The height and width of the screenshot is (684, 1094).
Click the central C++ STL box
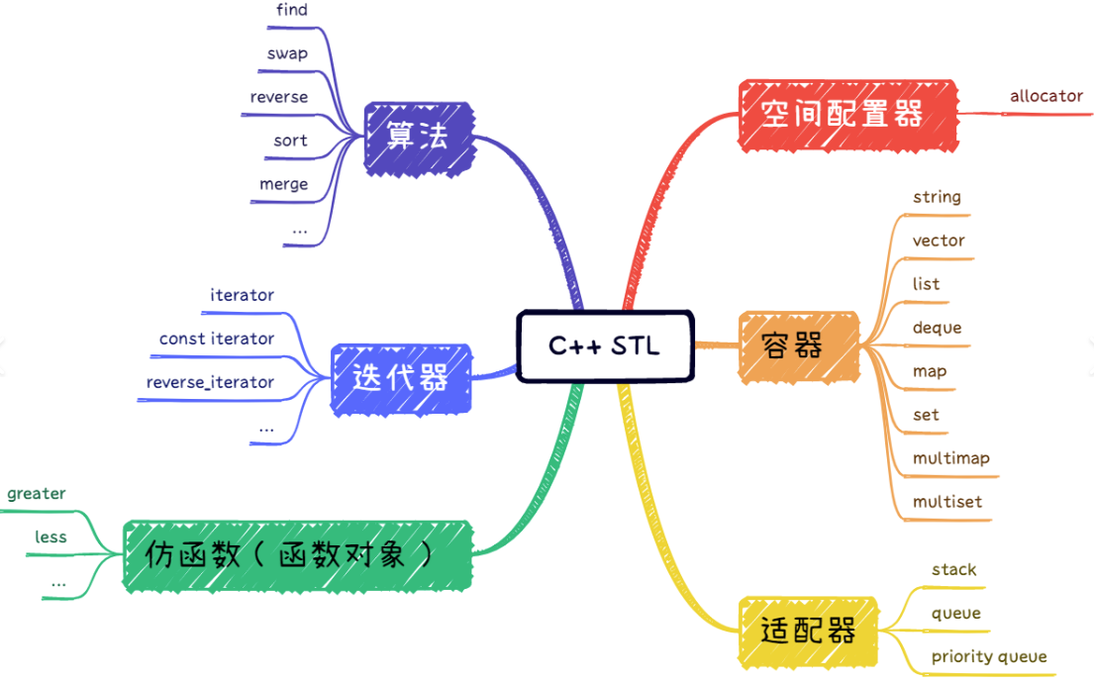[605, 345]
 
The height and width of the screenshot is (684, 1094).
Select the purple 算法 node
[420, 139]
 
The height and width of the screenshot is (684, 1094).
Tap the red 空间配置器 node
[847, 116]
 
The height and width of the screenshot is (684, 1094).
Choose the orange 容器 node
[798, 346]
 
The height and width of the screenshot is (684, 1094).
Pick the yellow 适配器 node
[807, 632]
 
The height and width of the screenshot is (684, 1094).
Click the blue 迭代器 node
[401, 379]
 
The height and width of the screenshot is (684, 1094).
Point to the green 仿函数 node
[298, 555]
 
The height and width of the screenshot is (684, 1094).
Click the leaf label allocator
[1046, 96]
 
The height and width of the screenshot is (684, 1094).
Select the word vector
[939, 241]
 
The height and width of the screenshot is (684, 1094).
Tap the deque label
[937, 329]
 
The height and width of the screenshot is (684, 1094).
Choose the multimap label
[951, 458]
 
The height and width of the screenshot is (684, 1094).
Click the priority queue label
[989, 657]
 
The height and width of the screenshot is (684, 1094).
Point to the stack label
[953, 569]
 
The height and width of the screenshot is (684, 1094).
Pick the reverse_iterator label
[210, 382]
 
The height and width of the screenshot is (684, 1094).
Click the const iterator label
[216, 339]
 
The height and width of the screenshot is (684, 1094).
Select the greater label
[37, 494]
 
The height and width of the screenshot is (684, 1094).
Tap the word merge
[283, 185]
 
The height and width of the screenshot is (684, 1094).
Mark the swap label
[287, 54]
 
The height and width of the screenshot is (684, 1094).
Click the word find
[292, 10]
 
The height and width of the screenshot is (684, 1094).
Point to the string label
[937, 197]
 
